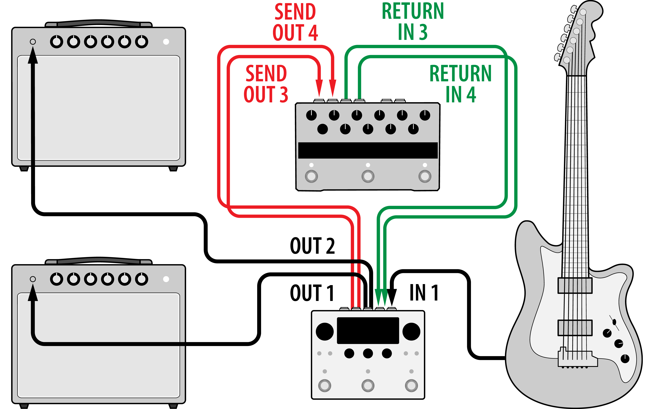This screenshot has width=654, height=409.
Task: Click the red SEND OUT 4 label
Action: (x=295, y=22)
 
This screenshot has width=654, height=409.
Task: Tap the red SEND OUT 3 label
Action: (x=266, y=84)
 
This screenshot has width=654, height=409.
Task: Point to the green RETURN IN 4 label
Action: (x=461, y=84)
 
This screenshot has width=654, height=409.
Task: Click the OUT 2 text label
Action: (x=312, y=246)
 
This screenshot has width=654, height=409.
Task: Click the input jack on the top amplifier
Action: (x=33, y=42)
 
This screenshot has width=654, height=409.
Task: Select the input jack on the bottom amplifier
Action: (x=33, y=279)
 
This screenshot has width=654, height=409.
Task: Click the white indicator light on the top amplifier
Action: (x=166, y=42)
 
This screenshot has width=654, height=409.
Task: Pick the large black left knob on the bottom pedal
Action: (x=325, y=331)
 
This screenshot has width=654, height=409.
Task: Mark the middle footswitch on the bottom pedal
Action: (x=368, y=385)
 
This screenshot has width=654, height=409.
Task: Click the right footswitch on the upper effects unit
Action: (x=425, y=176)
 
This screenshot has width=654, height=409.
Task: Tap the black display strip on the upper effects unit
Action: (x=368, y=150)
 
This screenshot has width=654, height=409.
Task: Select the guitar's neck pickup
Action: (x=575, y=285)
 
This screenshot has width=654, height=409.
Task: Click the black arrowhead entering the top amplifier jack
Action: (x=33, y=55)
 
